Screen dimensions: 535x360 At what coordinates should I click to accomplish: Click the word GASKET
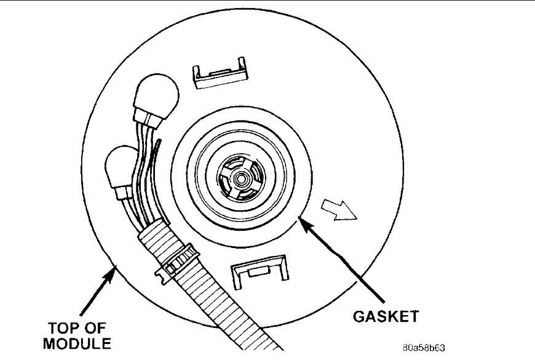pyautogui.click(x=386, y=316)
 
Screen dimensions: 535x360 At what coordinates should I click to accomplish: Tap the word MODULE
pyautogui.click(x=77, y=342)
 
